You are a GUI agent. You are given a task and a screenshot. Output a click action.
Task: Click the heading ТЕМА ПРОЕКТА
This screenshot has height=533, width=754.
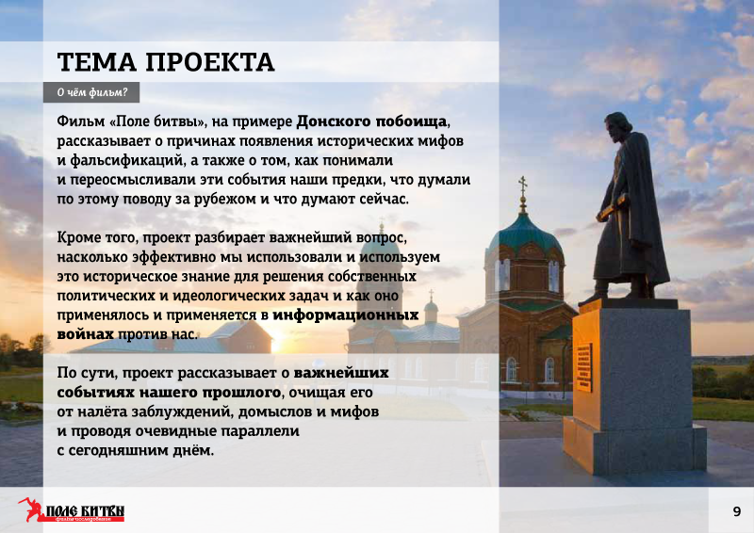[166, 62]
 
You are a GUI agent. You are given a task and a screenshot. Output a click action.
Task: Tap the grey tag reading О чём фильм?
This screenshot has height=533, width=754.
[91, 92]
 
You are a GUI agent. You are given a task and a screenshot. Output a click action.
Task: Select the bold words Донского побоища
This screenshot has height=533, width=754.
[371, 121]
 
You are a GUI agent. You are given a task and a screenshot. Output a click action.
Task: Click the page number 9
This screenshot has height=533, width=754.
[737, 511]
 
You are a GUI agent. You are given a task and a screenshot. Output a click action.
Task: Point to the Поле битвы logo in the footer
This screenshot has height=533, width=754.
[72, 510]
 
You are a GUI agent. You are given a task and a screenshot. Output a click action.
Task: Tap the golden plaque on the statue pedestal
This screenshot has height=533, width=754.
[583, 367]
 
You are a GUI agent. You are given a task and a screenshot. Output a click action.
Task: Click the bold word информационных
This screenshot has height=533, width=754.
[345, 315]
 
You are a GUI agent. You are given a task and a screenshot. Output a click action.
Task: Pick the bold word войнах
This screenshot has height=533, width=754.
[85, 334]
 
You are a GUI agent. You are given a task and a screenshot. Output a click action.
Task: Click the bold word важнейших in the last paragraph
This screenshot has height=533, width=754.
[341, 373]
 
